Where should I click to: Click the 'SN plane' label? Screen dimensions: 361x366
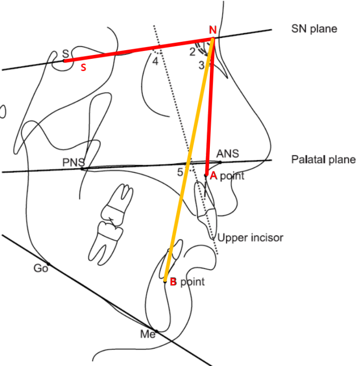point(314,29)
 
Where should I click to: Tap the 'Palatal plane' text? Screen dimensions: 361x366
point(324,159)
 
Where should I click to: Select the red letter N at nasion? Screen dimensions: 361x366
point(213,30)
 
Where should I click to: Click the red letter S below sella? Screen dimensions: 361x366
point(83,68)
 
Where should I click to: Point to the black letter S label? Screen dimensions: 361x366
point(66,54)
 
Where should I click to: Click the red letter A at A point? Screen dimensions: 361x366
point(213,175)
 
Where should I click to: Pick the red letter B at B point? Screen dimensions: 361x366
point(173,282)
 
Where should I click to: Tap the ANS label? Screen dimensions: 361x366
point(227,154)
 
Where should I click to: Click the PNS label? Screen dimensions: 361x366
point(73,162)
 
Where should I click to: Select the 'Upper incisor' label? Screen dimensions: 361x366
point(250,238)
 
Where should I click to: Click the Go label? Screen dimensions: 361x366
point(41,268)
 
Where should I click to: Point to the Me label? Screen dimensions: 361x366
point(148,334)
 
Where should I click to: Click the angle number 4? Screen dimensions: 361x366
point(155,61)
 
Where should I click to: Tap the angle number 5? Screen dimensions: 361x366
point(180,172)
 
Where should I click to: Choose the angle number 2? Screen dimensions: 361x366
point(192,52)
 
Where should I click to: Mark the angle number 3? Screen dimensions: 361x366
point(201,65)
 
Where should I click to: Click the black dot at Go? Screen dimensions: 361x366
point(49,264)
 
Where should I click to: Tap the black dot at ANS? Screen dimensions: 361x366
point(220,162)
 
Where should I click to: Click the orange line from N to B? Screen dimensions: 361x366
point(189,160)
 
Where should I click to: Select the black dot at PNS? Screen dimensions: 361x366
point(82,169)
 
